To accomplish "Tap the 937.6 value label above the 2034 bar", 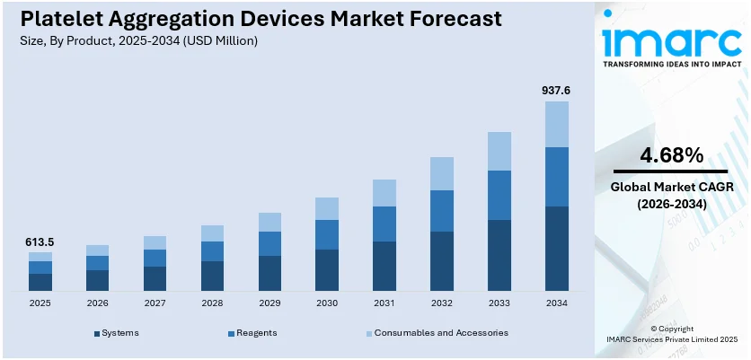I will click(555, 91).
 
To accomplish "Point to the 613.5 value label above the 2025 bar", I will click(40, 242).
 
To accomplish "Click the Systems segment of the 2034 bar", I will click(556, 249).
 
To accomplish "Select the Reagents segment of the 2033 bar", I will click(499, 195).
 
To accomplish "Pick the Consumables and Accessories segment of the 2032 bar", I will click(441, 173).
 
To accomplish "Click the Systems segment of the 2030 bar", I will click(326, 269).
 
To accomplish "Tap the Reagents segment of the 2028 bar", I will click(212, 251).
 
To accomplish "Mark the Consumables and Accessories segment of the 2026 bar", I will click(97, 250).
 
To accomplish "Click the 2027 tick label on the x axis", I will click(155, 304).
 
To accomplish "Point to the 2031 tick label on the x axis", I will click(384, 304).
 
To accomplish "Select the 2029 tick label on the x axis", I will click(269, 304).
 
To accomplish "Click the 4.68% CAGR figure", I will click(671, 155).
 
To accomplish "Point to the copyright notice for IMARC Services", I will click(671, 335).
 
